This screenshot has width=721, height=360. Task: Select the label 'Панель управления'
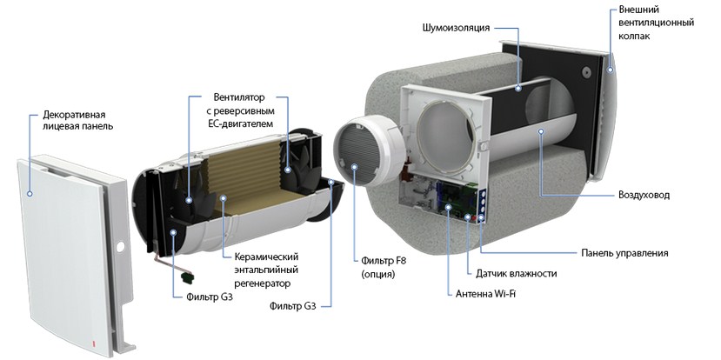pos(624,253)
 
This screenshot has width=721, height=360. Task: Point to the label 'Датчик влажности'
pos(516,273)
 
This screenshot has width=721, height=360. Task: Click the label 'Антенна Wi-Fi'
pos(491,294)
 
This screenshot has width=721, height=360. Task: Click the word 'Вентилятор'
pos(238,97)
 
